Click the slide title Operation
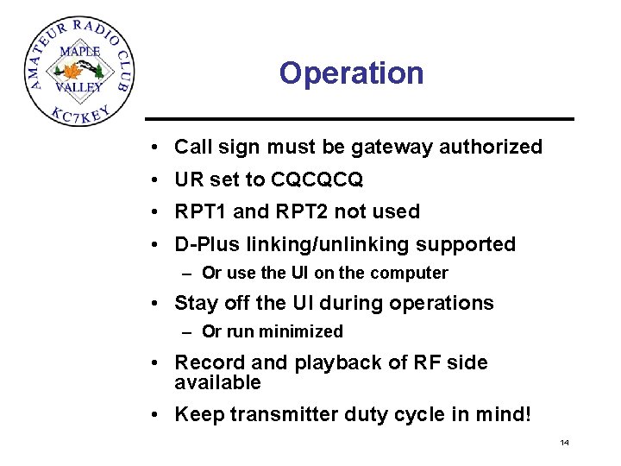351,73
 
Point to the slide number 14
564,443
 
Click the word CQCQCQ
317,179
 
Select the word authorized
491,147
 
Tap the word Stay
195,303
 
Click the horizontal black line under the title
359,118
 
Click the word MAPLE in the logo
79,51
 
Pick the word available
217,382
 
